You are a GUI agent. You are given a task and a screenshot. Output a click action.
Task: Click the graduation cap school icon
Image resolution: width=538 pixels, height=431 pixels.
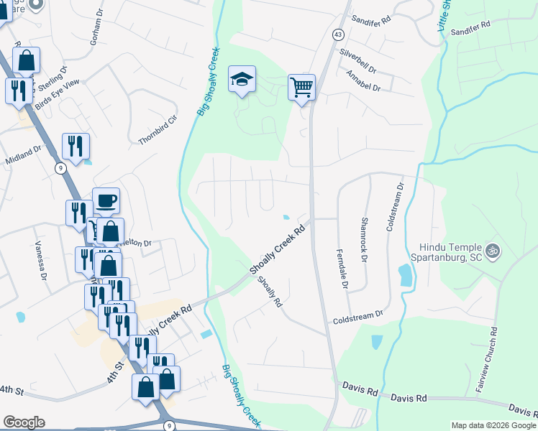(x=242, y=80)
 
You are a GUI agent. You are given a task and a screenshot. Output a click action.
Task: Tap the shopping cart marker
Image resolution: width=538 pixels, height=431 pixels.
(x=302, y=88)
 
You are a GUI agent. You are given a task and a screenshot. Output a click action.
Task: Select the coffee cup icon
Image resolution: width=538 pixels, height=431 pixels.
(x=106, y=200)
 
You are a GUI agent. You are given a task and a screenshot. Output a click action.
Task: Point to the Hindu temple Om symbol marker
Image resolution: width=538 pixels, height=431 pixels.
(x=493, y=251)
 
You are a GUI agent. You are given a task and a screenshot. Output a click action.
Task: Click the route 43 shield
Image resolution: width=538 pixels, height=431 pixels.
(x=337, y=34)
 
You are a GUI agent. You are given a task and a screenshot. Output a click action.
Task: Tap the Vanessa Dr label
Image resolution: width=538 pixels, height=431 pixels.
(x=40, y=259)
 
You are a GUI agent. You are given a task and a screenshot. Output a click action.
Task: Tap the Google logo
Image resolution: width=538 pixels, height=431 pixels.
(x=24, y=422)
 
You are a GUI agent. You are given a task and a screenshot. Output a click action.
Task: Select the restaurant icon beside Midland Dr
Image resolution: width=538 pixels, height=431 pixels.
(x=76, y=147)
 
